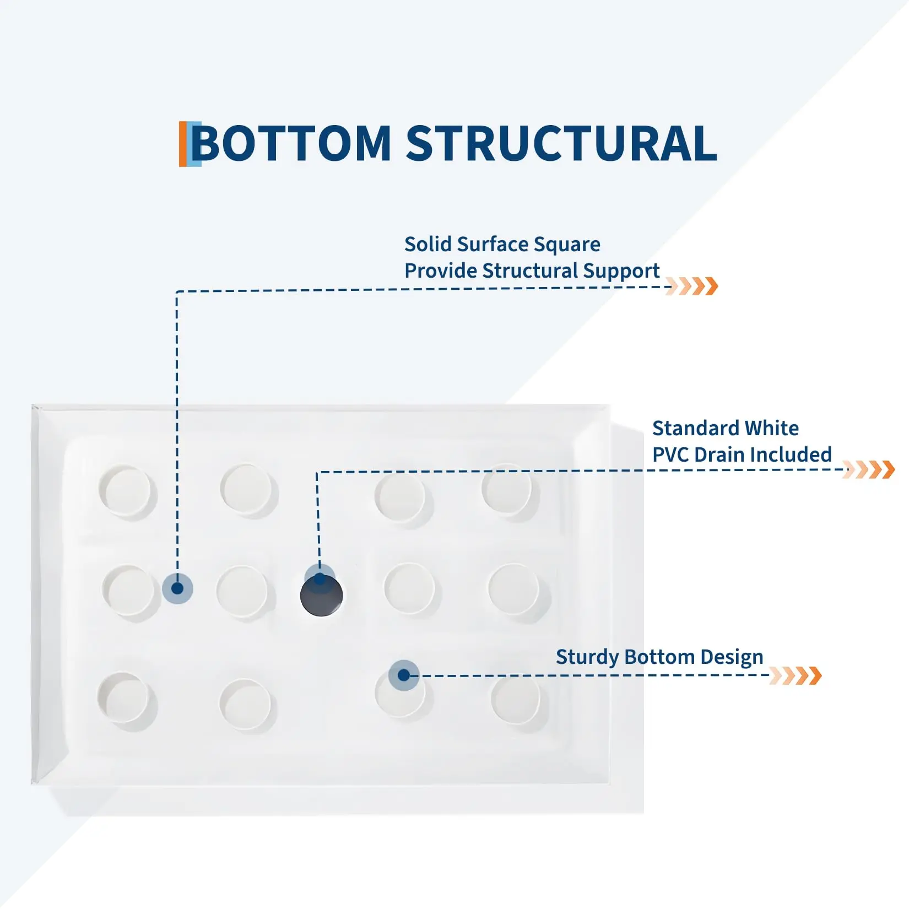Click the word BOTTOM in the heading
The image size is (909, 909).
(291, 143)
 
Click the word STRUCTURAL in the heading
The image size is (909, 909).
(561, 143)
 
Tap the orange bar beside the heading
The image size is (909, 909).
(183, 144)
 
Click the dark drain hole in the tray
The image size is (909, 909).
(321, 595)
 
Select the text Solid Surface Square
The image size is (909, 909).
(502, 245)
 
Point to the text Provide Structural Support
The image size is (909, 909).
(532, 271)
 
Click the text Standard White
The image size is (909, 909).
(726, 428)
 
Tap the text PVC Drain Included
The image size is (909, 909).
(742, 454)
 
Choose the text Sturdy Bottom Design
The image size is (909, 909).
(659, 657)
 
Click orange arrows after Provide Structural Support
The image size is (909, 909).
(692, 286)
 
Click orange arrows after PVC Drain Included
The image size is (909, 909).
(869, 469)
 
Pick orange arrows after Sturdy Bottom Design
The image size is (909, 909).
(796, 675)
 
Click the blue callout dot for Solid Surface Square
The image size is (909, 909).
(177, 588)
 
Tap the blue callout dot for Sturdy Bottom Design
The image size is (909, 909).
(404, 675)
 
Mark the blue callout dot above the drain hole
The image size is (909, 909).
(320, 579)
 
